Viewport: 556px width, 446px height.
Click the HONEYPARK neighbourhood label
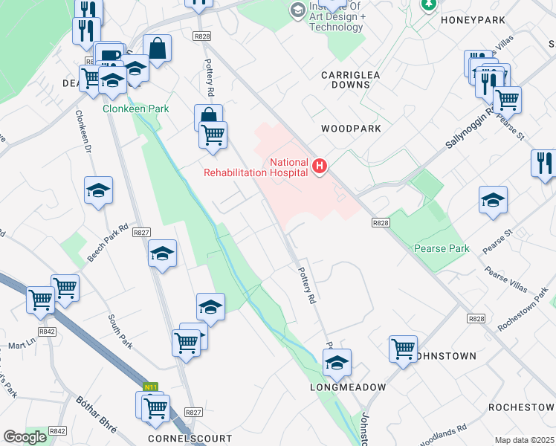click(x=473, y=20)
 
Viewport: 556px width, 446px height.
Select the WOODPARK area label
click(x=351, y=129)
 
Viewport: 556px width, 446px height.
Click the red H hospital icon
click(x=320, y=165)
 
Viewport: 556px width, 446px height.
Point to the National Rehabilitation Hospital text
click(x=256, y=167)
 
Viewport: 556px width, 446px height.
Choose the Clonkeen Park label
click(x=135, y=109)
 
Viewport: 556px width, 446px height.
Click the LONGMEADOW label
click(x=348, y=387)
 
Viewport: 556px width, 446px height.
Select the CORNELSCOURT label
click(x=190, y=439)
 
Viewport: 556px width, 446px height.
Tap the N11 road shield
click(x=151, y=387)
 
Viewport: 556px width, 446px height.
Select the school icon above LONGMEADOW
click(x=337, y=363)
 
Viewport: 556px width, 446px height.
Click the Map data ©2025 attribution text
click(x=524, y=440)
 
